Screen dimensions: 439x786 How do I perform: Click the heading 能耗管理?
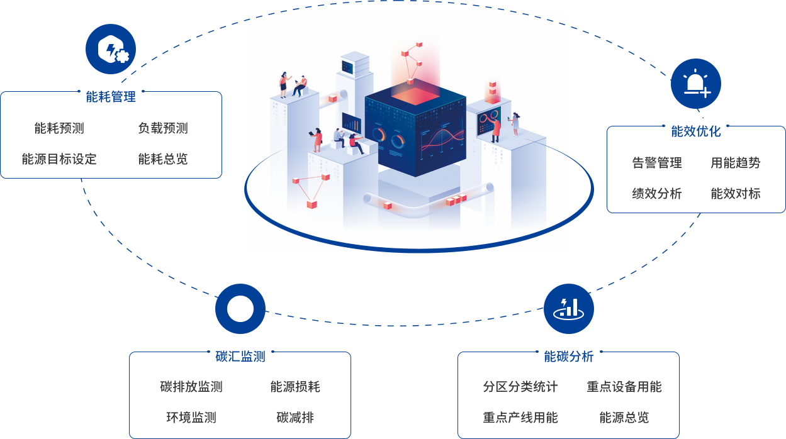(111, 97)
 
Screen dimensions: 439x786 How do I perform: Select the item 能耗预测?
(59, 128)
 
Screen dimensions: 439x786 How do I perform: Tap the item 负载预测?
(163, 128)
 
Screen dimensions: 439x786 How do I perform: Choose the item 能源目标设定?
(59, 159)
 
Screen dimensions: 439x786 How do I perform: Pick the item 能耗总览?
(163, 159)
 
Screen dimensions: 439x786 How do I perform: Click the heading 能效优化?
(696, 131)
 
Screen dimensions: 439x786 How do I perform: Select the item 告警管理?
(657, 163)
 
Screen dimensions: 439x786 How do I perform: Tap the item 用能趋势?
(736, 163)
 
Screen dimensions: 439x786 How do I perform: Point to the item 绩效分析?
(657, 194)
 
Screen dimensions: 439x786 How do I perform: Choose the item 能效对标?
(736, 194)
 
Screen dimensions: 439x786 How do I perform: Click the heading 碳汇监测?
(240, 357)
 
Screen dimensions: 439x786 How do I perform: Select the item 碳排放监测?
(191, 387)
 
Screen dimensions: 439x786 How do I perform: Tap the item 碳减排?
(295, 418)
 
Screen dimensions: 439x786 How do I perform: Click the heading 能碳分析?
(569, 357)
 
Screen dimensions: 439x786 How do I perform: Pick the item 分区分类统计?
(520, 387)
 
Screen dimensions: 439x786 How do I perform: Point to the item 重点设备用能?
(624, 387)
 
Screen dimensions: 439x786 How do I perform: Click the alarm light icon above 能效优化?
(695, 84)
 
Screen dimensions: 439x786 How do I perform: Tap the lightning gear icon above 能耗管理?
(111, 49)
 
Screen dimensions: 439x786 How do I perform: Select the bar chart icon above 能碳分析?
(569, 308)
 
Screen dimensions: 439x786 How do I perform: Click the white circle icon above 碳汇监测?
(240, 309)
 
